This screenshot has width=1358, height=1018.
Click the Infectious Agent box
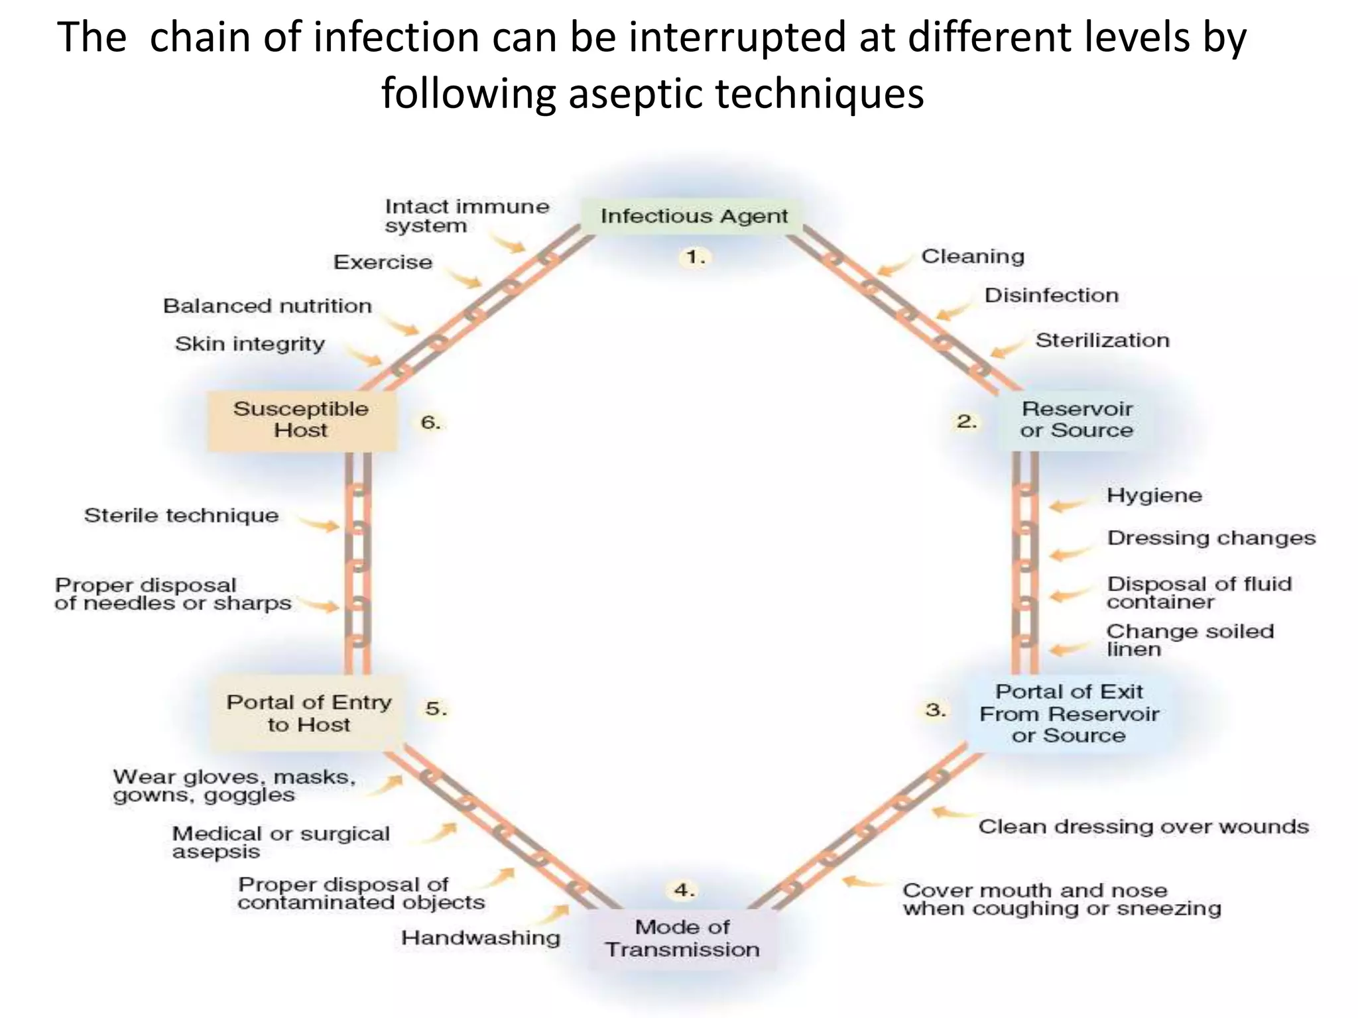tap(694, 216)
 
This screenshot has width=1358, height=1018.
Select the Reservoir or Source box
tap(1076, 420)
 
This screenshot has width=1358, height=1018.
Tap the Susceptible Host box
tap(301, 420)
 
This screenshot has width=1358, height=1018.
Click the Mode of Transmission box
tap(682, 938)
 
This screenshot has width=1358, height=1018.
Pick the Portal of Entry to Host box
tap(308, 713)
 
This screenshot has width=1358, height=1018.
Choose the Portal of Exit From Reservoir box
tap(1069, 714)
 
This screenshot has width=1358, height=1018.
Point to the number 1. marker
tap(695, 257)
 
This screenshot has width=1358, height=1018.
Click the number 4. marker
tap(684, 890)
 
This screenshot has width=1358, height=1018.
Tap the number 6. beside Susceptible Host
tap(431, 422)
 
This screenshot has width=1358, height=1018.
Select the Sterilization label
tap(1102, 341)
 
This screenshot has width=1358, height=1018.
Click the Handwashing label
tap(481, 938)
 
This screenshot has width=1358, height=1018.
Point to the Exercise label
tap(383, 262)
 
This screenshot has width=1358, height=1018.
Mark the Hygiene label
tap(1154, 496)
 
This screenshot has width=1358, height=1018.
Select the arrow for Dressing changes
tap(1069, 552)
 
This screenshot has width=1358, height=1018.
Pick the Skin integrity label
tap(250, 344)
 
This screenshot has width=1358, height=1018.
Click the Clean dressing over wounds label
tap(1143, 827)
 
